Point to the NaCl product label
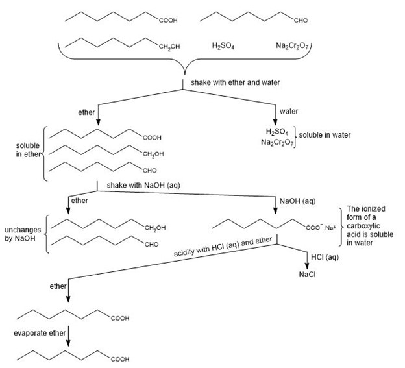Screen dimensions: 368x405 point(306,274)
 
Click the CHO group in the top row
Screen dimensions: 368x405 point(301,21)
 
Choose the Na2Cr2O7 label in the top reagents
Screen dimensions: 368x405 point(291,46)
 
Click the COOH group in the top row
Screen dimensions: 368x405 point(167,21)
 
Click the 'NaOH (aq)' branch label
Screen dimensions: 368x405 point(297,201)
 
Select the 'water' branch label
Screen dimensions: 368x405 point(289,111)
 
